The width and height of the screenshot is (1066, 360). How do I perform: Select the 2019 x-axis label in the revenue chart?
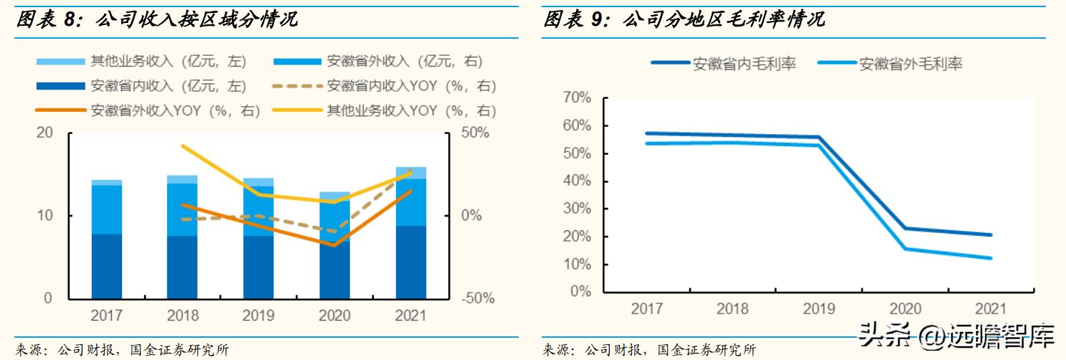pos(258,316)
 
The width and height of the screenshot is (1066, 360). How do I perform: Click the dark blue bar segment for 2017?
pos(107,266)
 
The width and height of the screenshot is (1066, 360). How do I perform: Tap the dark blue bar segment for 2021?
pos(410,262)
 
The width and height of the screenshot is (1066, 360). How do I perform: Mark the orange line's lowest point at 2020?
pos(334,245)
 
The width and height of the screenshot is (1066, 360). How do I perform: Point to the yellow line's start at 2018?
pos(182,146)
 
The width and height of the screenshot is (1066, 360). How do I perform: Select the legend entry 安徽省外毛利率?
pos(910,63)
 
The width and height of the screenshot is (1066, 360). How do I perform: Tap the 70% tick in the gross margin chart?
pos(578,98)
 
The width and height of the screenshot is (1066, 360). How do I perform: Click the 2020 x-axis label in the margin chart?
pos(905,309)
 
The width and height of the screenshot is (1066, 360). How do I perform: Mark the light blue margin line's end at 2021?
pos(991,258)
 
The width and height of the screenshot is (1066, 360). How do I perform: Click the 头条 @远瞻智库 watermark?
pos(958,335)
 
